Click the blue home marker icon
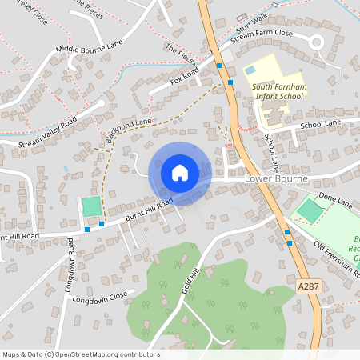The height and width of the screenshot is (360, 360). (x=179, y=173)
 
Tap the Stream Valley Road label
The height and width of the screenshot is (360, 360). (x=48, y=131)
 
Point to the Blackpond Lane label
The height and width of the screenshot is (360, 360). (x=128, y=132)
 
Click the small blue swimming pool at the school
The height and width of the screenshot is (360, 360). (x=250, y=71)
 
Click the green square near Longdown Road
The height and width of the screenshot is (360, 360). (x=92, y=206)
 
